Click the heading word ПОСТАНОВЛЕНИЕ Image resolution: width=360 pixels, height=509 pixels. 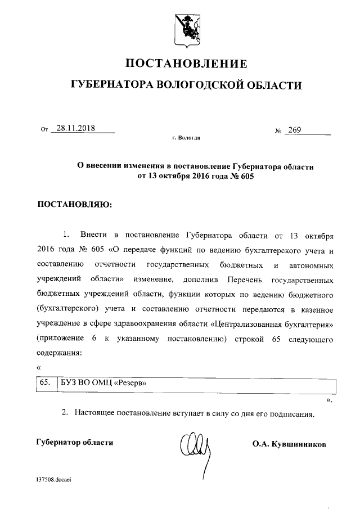click(x=185, y=62)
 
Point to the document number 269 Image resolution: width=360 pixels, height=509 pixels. click(x=294, y=130)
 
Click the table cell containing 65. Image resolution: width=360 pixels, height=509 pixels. click(x=45, y=383)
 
